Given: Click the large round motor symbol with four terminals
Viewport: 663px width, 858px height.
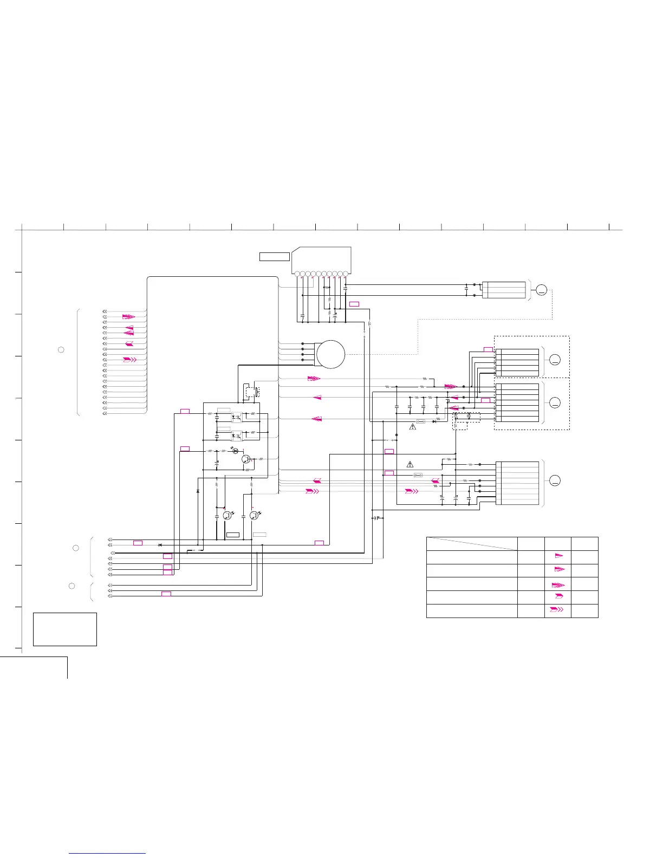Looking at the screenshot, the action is click(x=330, y=354).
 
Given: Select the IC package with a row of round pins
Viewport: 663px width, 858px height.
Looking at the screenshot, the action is click(x=321, y=261).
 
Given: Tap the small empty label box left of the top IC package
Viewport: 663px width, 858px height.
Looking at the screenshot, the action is click(x=274, y=256).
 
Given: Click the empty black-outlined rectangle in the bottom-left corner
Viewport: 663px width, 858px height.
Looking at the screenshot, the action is click(x=65, y=629).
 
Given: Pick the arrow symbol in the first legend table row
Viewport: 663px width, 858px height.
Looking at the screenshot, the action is click(x=558, y=556).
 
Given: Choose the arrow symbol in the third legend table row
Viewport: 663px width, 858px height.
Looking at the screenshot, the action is click(x=558, y=585).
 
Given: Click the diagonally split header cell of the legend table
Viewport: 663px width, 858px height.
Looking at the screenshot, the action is click(x=471, y=544).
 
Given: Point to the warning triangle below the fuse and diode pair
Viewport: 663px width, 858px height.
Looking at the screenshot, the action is click(x=412, y=427).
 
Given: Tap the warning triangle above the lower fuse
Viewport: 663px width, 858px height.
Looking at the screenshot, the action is click(x=409, y=464).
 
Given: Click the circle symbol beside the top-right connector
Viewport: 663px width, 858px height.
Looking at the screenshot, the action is click(x=541, y=291).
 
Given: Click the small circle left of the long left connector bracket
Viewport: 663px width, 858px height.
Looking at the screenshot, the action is click(x=61, y=349).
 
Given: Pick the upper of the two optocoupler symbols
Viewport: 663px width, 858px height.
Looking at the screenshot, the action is click(x=236, y=418).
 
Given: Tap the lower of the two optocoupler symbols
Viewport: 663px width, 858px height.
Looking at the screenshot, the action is click(x=236, y=435).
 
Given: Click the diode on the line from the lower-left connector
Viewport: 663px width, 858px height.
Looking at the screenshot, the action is click(x=160, y=544).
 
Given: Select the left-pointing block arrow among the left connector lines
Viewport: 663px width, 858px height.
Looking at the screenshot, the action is click(x=129, y=344).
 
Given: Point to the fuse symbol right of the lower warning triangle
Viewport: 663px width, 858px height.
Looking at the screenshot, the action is click(x=418, y=475).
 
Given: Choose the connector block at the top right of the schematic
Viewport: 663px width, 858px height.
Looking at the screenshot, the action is click(x=503, y=290).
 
